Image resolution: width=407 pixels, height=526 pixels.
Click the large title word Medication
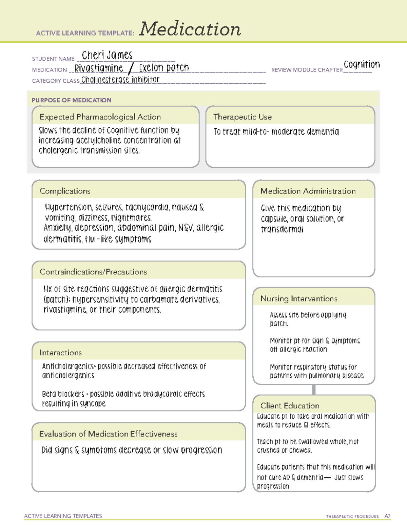[x=190, y=29]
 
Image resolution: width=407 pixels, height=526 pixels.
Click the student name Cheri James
[x=107, y=55]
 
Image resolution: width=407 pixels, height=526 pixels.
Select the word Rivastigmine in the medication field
[x=99, y=68]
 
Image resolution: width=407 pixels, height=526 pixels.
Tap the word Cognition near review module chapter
[x=362, y=64]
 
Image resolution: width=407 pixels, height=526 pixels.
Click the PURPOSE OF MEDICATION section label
[x=72, y=100]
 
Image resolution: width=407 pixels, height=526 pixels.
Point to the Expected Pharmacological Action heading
[x=100, y=117]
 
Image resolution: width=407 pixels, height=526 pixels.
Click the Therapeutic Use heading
[x=243, y=117]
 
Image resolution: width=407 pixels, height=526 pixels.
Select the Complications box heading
[x=65, y=191]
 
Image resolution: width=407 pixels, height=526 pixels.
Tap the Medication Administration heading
[x=308, y=191]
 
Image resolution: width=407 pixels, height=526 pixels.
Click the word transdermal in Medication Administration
[x=282, y=230]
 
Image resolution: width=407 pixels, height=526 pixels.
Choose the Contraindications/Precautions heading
[x=93, y=272]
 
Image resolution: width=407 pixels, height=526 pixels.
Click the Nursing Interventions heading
[x=299, y=298]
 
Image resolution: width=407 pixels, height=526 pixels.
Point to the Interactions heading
[x=61, y=353]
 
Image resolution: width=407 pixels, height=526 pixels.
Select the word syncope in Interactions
[x=93, y=404]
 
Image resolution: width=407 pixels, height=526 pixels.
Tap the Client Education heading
[x=290, y=405]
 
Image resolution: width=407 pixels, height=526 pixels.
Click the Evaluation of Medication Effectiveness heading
[x=108, y=434]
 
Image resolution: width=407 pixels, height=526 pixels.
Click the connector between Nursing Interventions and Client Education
[x=314, y=390]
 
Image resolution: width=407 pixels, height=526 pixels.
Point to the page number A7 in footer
[x=387, y=516]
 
